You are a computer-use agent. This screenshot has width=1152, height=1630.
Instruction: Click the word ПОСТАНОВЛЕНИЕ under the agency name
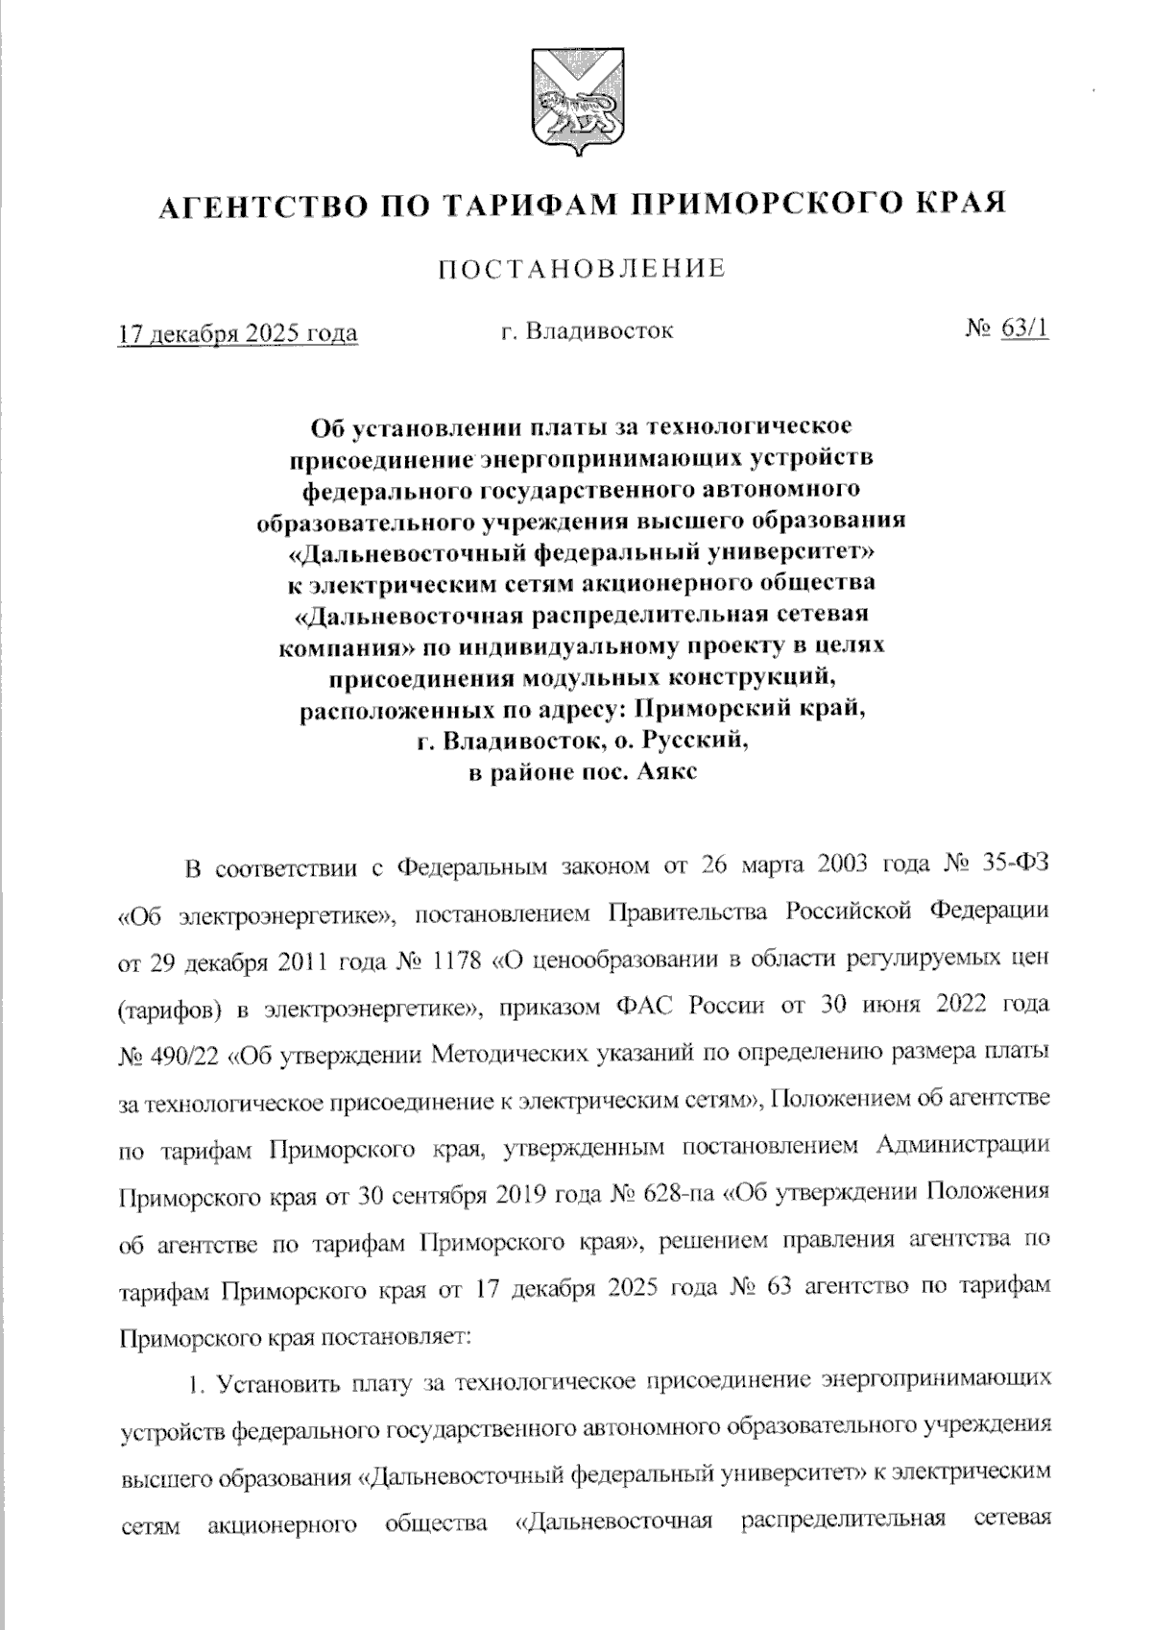[582, 269]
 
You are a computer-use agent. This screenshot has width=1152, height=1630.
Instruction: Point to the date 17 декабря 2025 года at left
[237, 333]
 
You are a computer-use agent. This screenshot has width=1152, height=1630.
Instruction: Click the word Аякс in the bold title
[660, 771]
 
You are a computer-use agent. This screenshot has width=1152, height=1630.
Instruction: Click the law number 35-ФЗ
[1018, 863]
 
